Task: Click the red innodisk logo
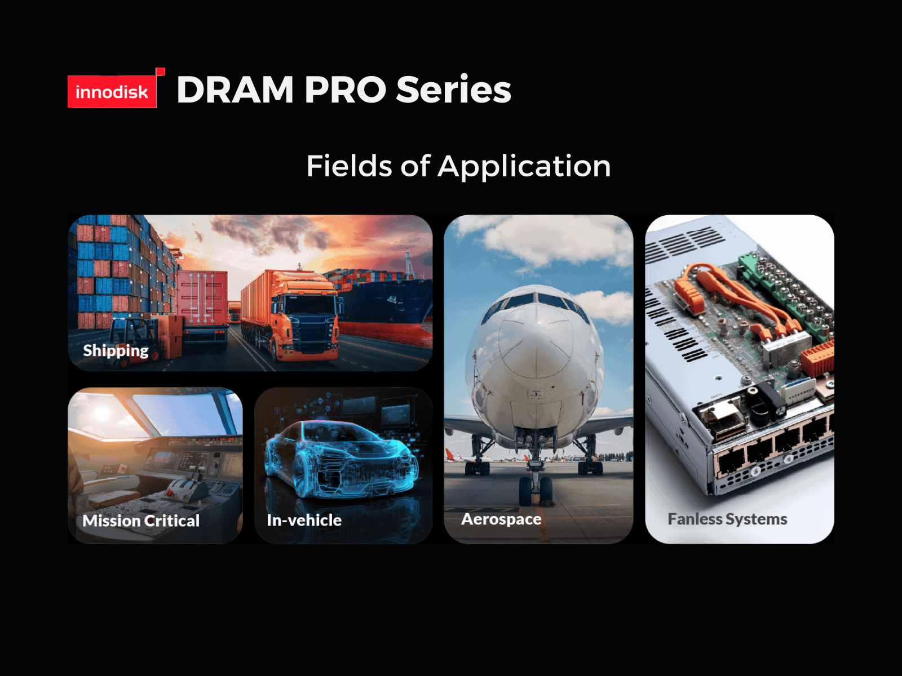pos(112,91)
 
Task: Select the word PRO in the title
pos(345,90)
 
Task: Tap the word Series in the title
pos(453,88)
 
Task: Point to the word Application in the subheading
pos(524,167)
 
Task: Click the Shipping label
pos(116,351)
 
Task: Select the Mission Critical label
pos(141,521)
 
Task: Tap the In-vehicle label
pos(304,520)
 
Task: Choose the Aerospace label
pos(501,519)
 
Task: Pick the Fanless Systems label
pos(727,519)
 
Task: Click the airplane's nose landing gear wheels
pos(535,491)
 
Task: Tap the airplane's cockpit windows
pos(536,304)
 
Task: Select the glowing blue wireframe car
pos(342,459)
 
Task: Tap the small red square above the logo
pos(161,72)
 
